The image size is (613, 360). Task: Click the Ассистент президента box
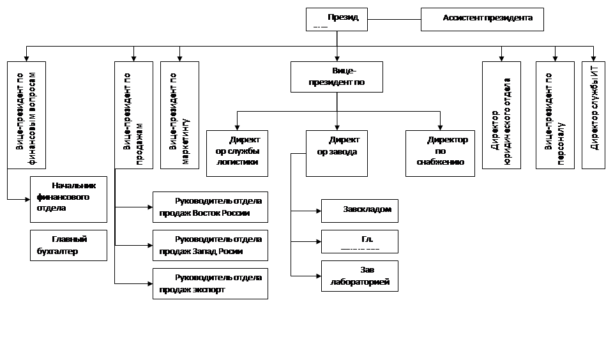(482, 19)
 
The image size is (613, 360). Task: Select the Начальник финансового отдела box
(68, 199)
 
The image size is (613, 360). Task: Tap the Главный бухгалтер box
(68, 245)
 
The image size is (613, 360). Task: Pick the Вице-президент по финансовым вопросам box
(26, 115)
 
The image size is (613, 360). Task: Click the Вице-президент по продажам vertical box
(133, 115)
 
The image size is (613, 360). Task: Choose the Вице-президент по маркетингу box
(179, 115)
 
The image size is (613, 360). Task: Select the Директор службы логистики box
(237, 153)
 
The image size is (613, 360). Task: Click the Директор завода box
(337, 153)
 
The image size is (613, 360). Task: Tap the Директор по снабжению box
(440, 153)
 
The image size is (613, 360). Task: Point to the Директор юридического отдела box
(501, 115)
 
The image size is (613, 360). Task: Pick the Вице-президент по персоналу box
(555, 115)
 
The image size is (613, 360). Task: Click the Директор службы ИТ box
(593, 115)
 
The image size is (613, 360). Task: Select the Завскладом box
(359, 210)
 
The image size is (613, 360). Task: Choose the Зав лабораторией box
(359, 276)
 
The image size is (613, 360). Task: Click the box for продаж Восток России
(210, 207)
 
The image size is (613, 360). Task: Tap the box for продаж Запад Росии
(210, 246)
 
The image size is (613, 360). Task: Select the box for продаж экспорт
(210, 284)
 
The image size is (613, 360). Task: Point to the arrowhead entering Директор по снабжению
(440, 127)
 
